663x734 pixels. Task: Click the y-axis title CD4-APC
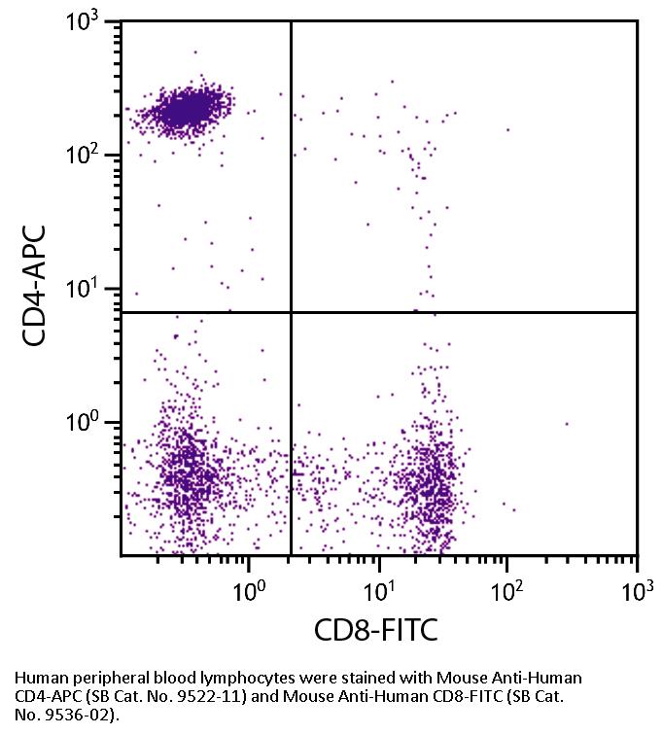click(38, 286)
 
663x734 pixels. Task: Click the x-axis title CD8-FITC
click(375, 630)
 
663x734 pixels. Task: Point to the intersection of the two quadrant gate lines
click(291, 312)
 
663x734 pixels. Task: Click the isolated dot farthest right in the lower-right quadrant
click(567, 424)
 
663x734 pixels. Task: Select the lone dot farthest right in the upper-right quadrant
click(507, 129)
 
